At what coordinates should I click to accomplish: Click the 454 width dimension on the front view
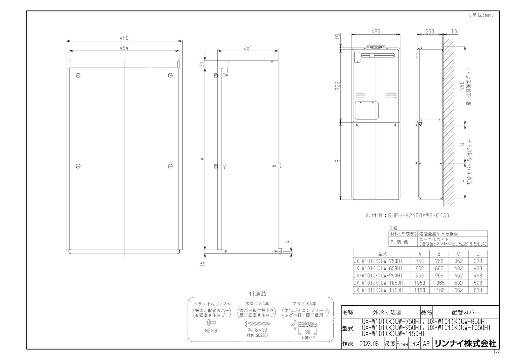[x=124, y=47]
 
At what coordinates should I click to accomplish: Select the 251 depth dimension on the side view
[x=247, y=48]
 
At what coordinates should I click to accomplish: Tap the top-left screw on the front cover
[x=78, y=75]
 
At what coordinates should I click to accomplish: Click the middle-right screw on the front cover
[x=170, y=166]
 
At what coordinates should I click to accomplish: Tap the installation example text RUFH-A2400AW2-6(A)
[x=408, y=215]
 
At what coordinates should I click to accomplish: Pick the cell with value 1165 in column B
[x=439, y=290]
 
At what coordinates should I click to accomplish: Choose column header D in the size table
[x=478, y=254]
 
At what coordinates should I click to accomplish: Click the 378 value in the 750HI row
[x=478, y=261]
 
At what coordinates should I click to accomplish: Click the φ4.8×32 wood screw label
[x=257, y=330]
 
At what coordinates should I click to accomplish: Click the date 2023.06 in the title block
[x=368, y=344]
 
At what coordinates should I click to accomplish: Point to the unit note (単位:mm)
[x=481, y=15]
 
